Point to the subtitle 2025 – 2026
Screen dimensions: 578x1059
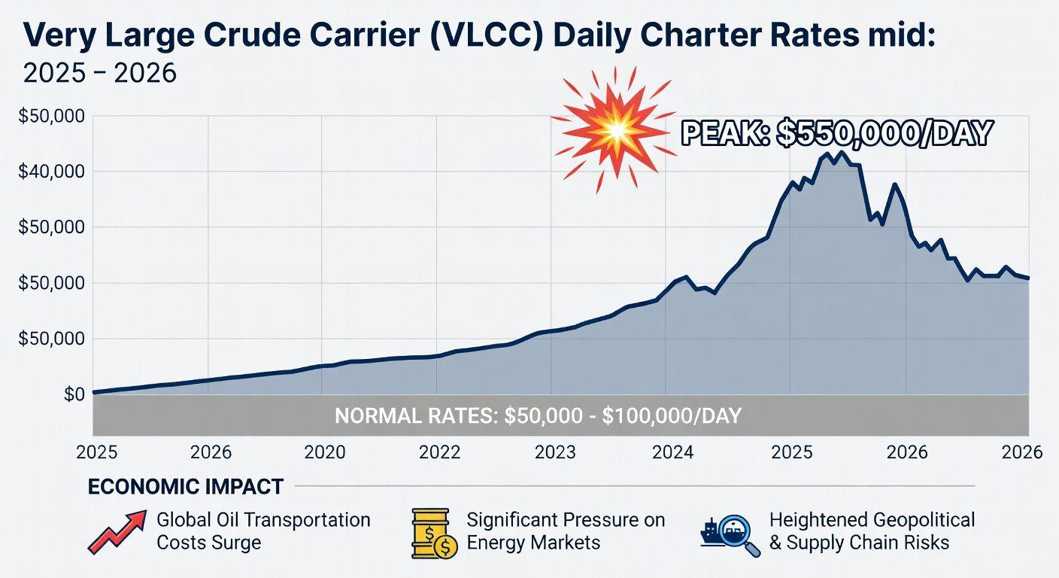100,73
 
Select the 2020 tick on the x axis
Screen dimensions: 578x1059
325,452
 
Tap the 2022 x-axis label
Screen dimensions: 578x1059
439,452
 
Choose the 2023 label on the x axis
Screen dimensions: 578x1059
555,452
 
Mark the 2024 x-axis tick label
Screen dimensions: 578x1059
672,452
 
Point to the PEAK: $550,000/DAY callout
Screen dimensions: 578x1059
836,133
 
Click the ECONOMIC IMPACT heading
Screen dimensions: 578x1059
186,487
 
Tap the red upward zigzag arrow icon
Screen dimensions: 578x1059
116,531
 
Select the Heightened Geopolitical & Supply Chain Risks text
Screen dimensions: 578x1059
871,531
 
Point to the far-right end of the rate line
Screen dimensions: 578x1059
1028,278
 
